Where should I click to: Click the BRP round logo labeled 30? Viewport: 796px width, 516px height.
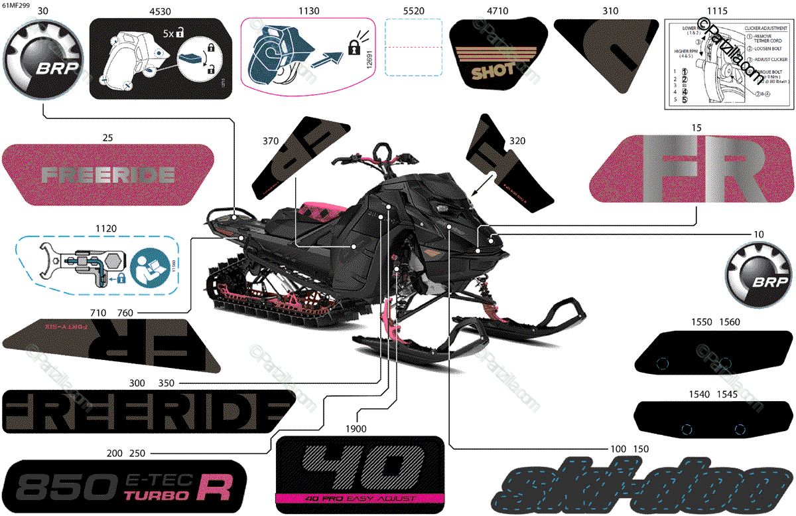[x=43, y=61]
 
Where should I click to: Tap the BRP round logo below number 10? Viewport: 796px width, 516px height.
[x=757, y=275]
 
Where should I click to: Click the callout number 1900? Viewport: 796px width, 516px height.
[x=356, y=429]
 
